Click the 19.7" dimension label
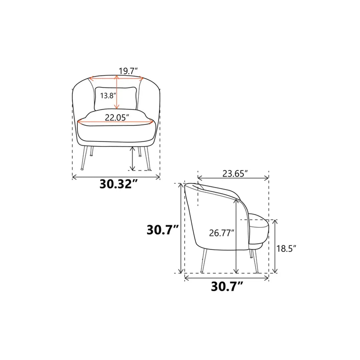tap(128, 71)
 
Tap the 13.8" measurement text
tap(108, 95)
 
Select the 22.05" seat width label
tap(117, 118)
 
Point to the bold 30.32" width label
tap(119, 184)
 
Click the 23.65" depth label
tap(235, 174)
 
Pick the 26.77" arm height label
tap(222, 233)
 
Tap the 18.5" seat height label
tap(286, 248)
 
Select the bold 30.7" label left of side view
tap(163, 230)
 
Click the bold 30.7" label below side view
tap(227, 286)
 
